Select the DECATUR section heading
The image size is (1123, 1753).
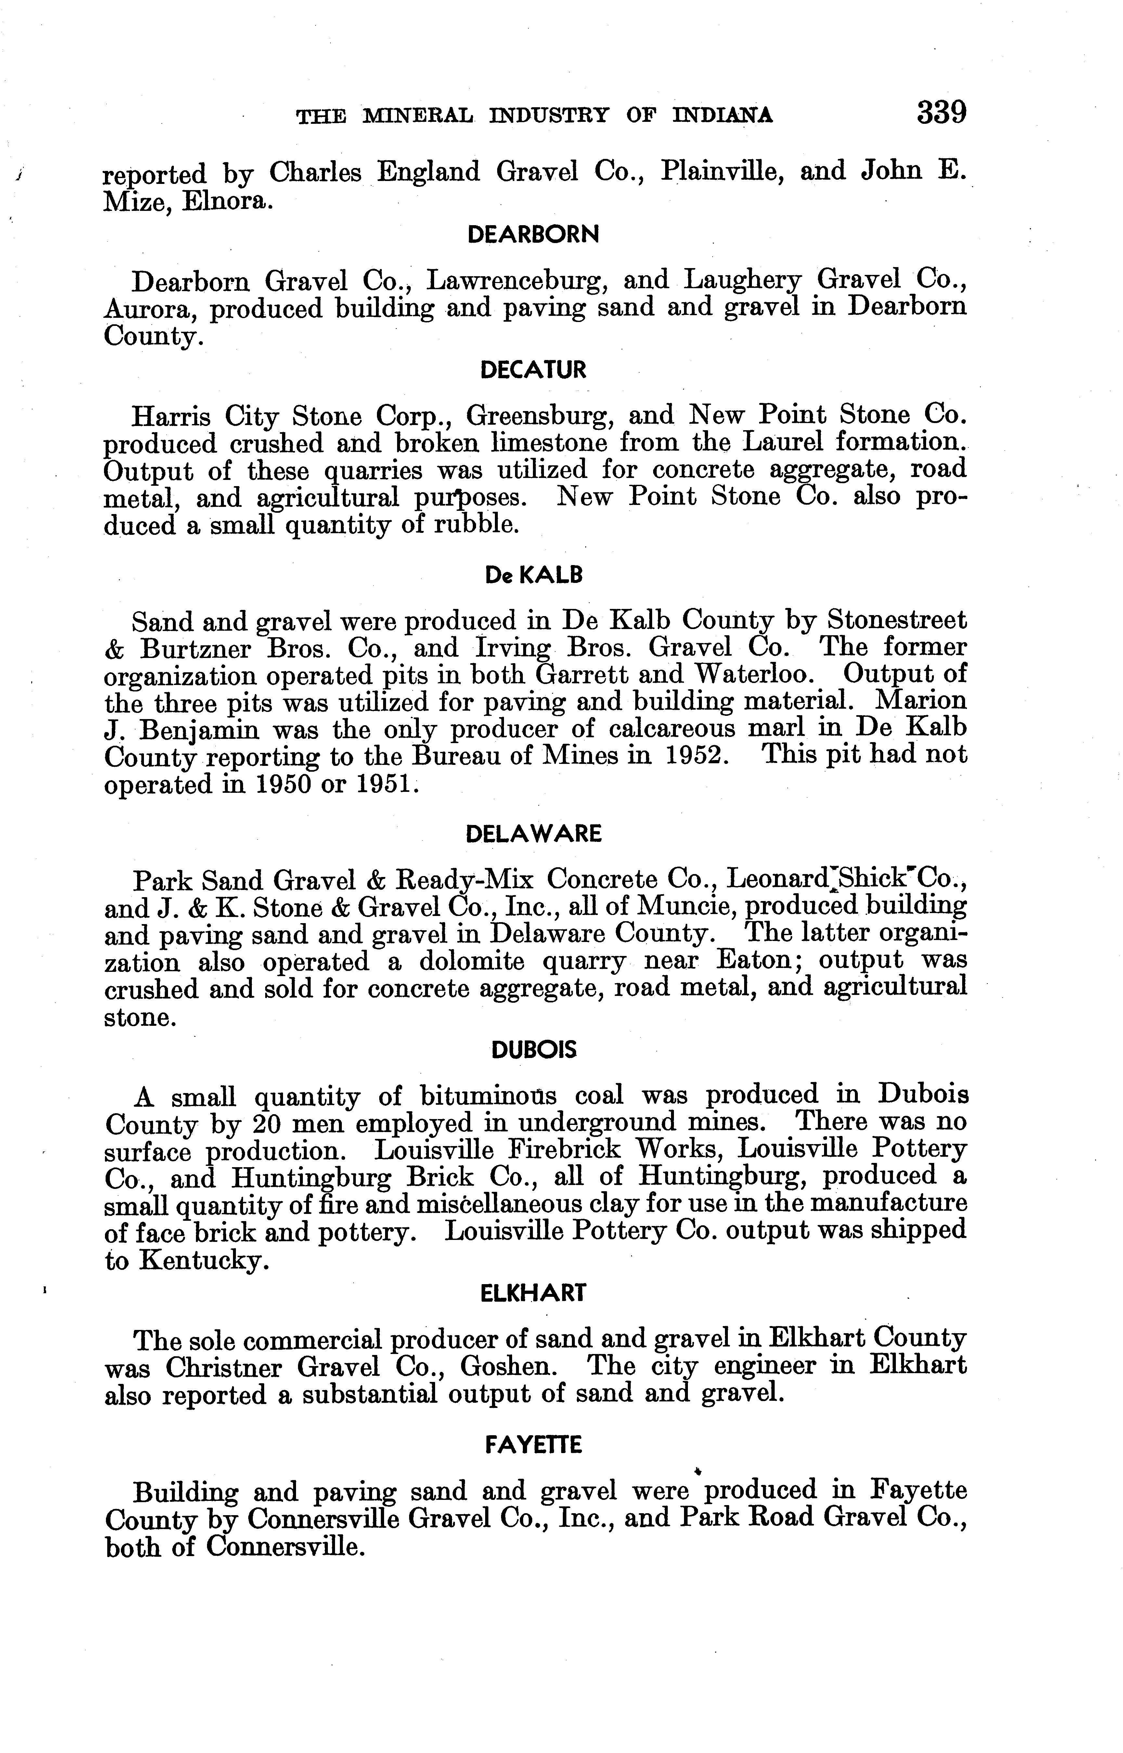click(533, 370)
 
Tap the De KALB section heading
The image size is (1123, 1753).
click(534, 575)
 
